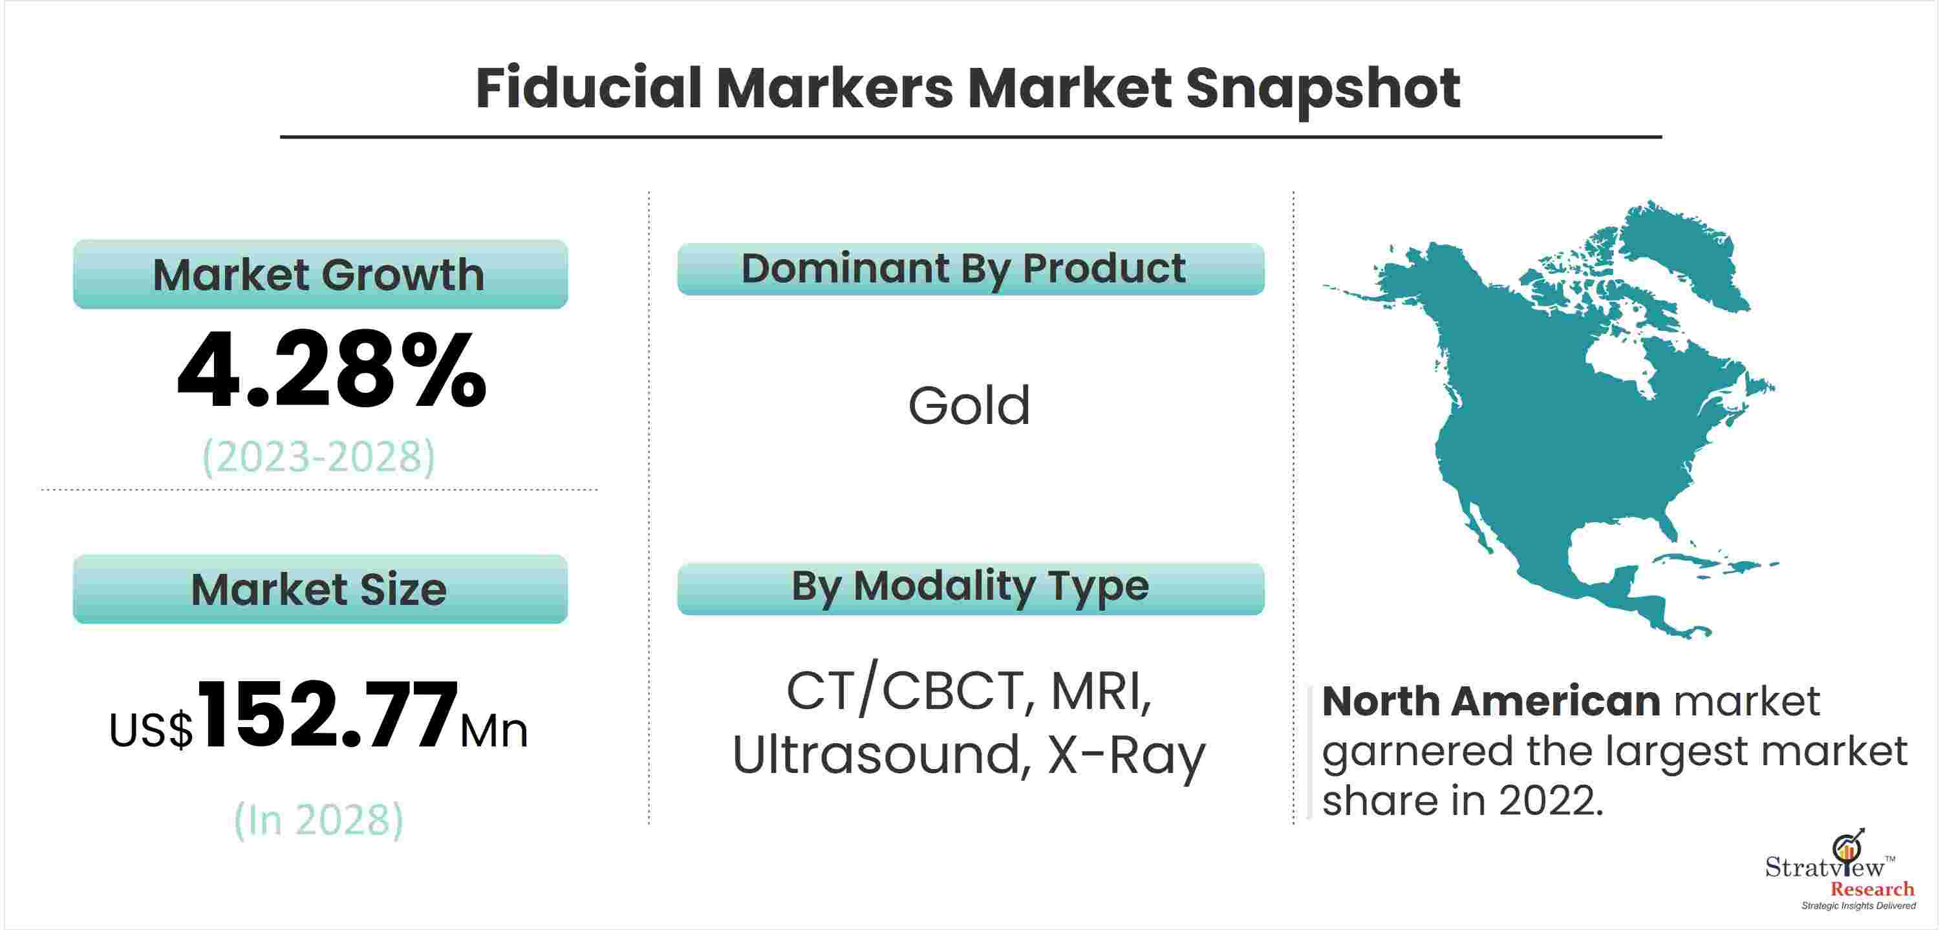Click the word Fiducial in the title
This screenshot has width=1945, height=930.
point(590,89)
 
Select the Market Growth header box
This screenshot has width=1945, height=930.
point(320,274)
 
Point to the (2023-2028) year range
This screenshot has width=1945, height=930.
point(319,457)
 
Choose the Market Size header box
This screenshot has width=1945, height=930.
point(320,589)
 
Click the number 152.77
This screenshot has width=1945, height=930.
point(328,714)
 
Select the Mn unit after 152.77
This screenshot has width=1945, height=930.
point(495,731)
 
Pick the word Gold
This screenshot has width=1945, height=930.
point(969,405)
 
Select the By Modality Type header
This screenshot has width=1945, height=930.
point(971,589)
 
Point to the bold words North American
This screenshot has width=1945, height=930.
point(1491,701)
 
